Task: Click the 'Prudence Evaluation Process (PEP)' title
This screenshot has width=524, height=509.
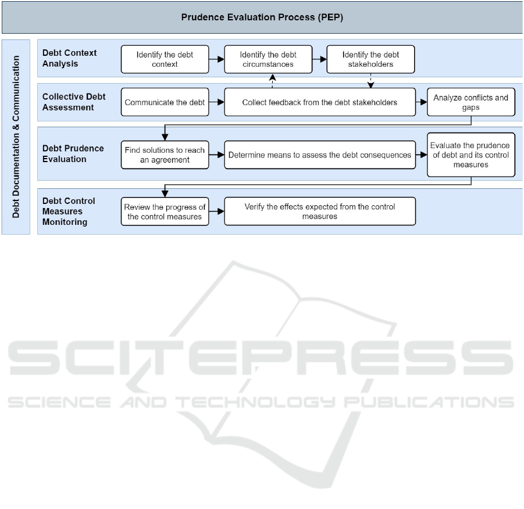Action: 262,17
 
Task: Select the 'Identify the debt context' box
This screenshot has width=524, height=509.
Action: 165,59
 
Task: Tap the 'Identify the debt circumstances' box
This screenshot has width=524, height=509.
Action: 268,59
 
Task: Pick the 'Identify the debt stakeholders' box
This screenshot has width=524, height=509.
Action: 370,59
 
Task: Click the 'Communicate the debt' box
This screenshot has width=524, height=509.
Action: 165,102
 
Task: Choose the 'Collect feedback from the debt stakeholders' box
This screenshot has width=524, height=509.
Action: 320,102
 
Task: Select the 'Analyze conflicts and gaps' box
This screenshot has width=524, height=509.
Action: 471,102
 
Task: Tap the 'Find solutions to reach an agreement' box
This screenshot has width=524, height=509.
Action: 165,155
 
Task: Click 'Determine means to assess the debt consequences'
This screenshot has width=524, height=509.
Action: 320,155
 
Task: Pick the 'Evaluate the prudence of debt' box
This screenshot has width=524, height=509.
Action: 471,155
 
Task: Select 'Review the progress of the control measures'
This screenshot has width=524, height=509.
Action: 165,212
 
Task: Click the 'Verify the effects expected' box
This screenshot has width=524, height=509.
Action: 320,212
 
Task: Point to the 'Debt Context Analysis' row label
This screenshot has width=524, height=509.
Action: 70,58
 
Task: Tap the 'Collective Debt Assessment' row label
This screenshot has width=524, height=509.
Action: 74,102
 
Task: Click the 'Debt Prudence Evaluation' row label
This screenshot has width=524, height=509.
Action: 73,153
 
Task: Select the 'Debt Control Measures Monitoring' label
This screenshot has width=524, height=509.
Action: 69,212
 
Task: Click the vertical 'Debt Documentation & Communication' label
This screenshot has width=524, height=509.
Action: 16,137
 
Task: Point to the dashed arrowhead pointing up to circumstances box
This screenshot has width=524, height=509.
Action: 272,77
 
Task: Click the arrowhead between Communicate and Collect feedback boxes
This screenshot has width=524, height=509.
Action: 220,102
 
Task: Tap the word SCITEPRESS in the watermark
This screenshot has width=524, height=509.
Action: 261,358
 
